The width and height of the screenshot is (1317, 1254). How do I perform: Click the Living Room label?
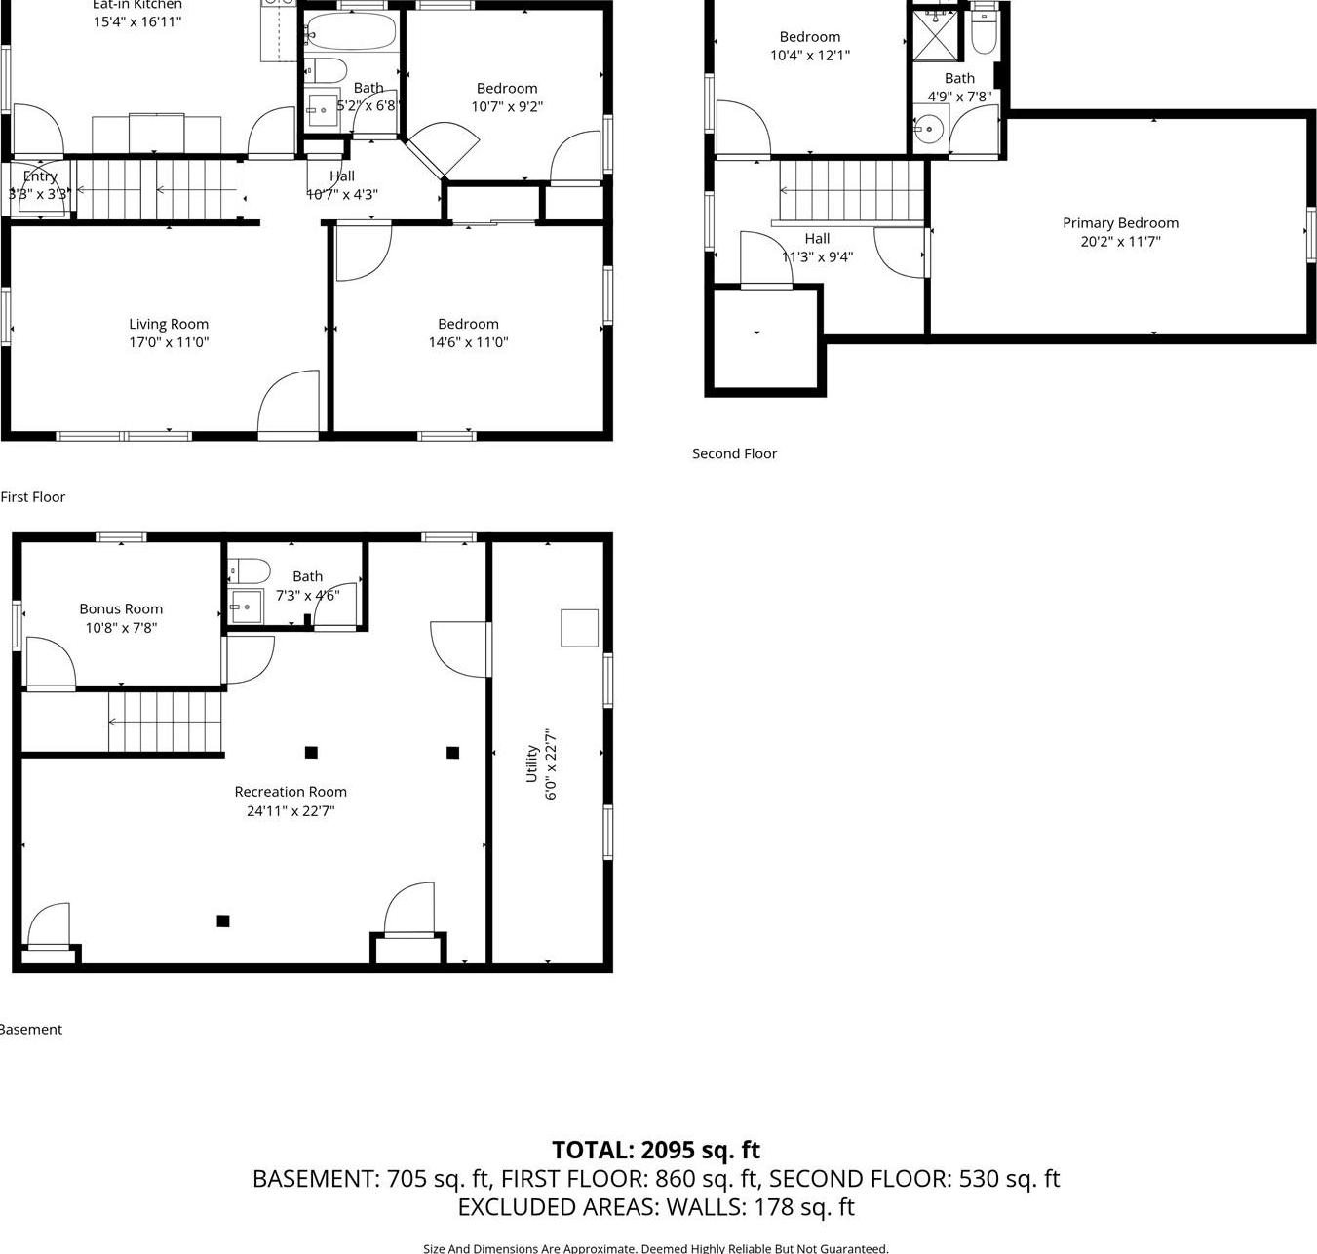tap(169, 324)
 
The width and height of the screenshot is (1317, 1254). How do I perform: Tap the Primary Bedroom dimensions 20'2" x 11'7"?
tap(1120, 242)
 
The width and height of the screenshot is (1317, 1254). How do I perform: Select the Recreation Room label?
tap(291, 792)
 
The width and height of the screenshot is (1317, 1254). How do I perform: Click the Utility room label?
tap(532, 764)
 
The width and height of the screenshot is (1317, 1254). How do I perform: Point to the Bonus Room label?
tap(121, 609)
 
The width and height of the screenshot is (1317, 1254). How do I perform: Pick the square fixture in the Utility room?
tap(579, 628)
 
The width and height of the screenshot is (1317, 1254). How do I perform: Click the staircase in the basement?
tap(165, 722)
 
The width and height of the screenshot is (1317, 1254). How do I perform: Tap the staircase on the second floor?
tap(850, 191)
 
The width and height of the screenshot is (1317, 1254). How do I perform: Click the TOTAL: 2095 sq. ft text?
tap(656, 1150)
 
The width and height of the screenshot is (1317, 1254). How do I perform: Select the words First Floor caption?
tap(33, 497)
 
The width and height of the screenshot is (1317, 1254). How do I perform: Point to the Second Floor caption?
tap(734, 453)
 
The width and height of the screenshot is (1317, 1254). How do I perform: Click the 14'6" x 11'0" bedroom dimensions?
tap(468, 342)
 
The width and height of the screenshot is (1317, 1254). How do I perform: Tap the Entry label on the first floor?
tap(40, 176)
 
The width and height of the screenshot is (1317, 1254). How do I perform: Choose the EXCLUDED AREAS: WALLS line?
tap(656, 1207)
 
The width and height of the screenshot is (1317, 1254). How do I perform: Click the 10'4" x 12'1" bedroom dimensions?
tap(809, 56)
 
